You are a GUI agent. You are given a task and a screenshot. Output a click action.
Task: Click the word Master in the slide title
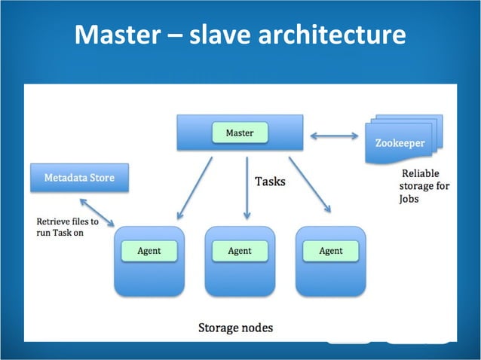coord(118,35)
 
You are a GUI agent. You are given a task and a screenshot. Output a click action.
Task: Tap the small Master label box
coord(240,133)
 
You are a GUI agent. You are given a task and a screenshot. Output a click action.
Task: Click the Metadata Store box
coord(79,178)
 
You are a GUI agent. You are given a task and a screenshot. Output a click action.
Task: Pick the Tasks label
coord(270,182)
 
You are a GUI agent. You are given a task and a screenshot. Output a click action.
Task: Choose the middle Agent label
coord(240,251)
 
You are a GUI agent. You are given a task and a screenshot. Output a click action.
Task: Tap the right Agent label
coord(331,251)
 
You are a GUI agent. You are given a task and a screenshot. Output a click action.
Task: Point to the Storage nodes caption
coord(235,328)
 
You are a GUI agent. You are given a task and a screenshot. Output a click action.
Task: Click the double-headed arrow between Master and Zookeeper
coord(334,136)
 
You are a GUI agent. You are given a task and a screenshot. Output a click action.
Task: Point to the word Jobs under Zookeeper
coord(409,200)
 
